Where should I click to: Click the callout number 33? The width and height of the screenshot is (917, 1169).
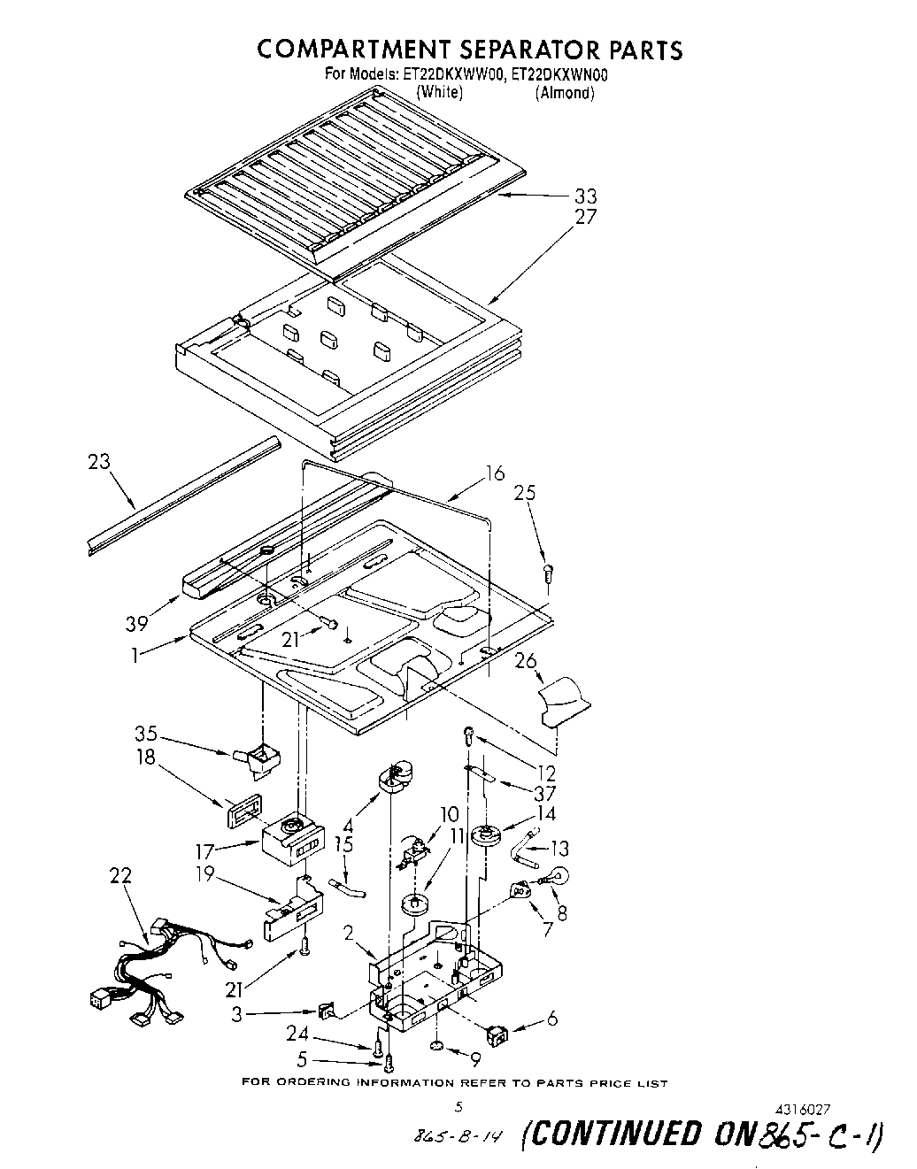[x=585, y=196]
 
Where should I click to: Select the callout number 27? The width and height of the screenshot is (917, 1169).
[x=585, y=217]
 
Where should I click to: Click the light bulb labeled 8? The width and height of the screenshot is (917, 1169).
[x=555, y=878]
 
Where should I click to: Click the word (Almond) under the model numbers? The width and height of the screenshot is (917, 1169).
[x=564, y=93]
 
